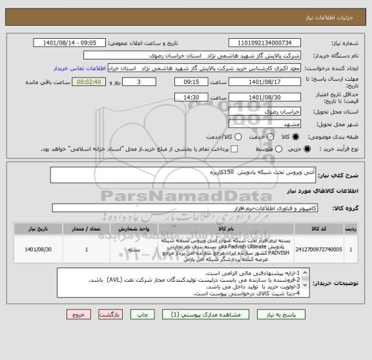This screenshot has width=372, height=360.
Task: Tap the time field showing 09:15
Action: pyautogui.click(x=192, y=83)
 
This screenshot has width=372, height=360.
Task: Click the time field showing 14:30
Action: pyautogui.click(x=192, y=97)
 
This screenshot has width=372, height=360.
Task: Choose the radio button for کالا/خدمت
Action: pyautogui.click(x=238, y=137)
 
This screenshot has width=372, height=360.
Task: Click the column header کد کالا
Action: pyautogui.click(x=315, y=228)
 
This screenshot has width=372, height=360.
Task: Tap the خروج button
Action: pyautogui.click(x=77, y=313)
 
